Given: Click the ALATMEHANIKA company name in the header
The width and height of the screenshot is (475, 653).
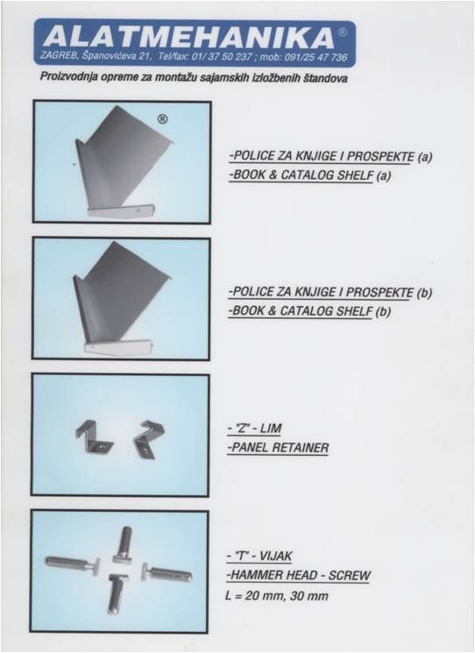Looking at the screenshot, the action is pyautogui.click(x=188, y=37).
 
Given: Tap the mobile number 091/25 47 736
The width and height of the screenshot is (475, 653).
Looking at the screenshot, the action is pyautogui.click(x=315, y=57).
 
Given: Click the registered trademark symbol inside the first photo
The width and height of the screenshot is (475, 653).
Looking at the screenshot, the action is pyautogui.click(x=162, y=119).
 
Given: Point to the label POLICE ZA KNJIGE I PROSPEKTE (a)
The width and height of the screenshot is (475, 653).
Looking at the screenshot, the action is pyautogui.click(x=330, y=156).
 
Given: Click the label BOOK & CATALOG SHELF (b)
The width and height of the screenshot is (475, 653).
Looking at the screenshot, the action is pyautogui.click(x=309, y=310).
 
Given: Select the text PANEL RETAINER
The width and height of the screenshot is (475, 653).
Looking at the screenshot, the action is pyautogui.click(x=278, y=448).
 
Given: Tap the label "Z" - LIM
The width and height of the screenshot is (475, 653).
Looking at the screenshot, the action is pyautogui.click(x=255, y=428).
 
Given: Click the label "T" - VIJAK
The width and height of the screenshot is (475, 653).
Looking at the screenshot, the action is pyautogui.click(x=259, y=556).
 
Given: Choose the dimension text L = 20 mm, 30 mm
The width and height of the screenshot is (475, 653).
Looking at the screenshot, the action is pyautogui.click(x=276, y=595).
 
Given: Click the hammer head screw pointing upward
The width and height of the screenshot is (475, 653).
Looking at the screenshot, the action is pyautogui.click(x=123, y=546).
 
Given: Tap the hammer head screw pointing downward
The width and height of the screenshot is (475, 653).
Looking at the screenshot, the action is pyautogui.click(x=118, y=594).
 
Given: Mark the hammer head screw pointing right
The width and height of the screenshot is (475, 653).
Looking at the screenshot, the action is pyautogui.click(x=167, y=572).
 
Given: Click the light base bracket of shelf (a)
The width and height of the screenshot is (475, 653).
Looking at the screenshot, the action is pyautogui.click(x=121, y=209).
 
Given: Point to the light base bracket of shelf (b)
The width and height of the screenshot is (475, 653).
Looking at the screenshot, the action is pyautogui.click(x=117, y=346).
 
